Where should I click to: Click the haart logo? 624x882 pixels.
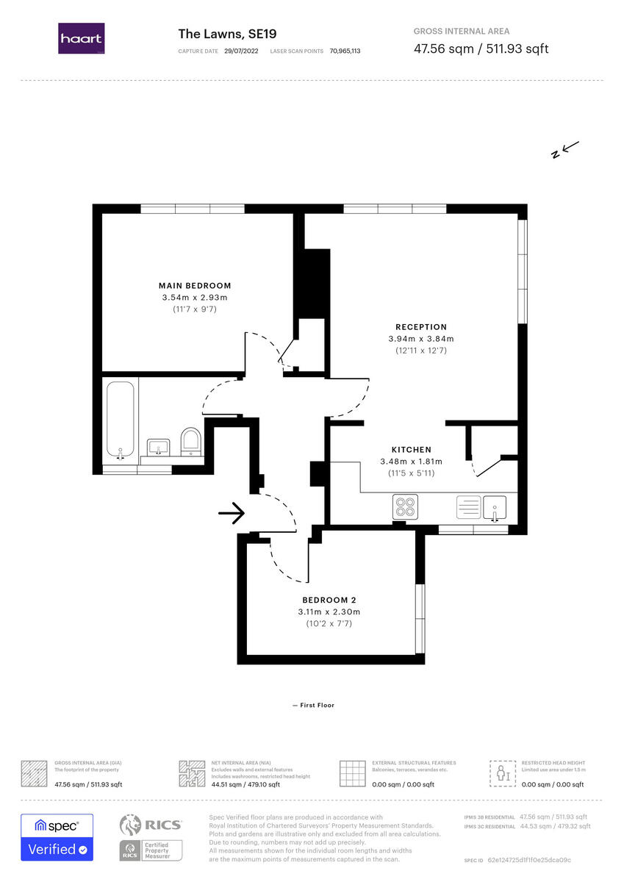[x=81, y=38]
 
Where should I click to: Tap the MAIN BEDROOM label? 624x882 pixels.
[x=195, y=286]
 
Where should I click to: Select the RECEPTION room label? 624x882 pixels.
[x=420, y=327]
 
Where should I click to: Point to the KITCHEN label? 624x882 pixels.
[x=411, y=450]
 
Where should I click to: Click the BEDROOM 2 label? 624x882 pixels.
[x=329, y=600]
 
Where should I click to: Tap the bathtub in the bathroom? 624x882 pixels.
[x=121, y=420]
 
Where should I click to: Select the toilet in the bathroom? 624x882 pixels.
[x=190, y=442]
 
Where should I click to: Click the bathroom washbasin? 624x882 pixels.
[x=158, y=447]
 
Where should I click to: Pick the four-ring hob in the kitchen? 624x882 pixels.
[x=405, y=507]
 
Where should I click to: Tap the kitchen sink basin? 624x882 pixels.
[x=495, y=507]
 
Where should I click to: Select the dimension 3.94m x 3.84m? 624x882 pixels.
[x=420, y=339]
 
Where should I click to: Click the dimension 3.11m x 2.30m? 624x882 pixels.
[x=329, y=612]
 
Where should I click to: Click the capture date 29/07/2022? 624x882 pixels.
[x=242, y=51]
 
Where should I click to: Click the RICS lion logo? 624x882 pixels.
[x=131, y=826]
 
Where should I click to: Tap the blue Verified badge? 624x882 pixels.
[x=57, y=850]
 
